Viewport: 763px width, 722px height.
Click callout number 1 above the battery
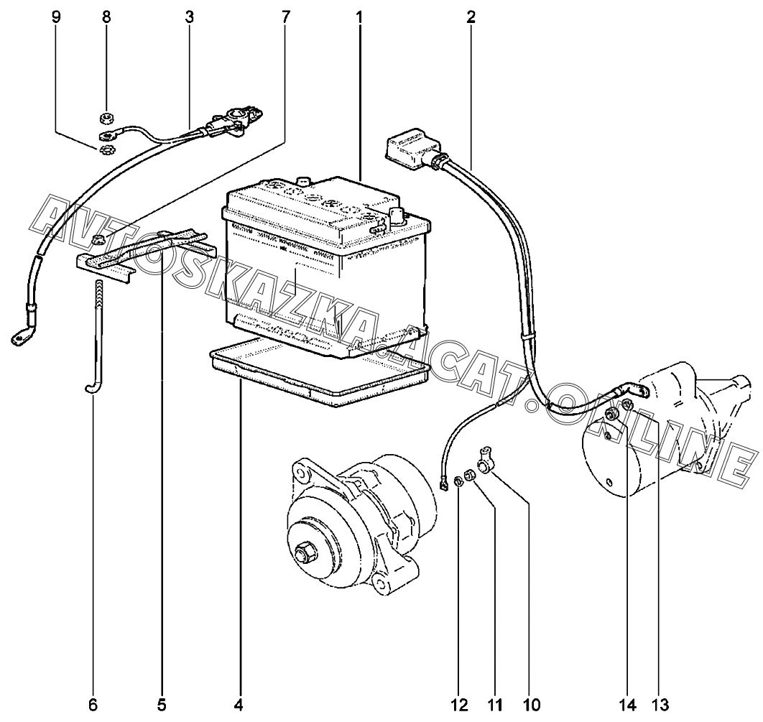click(359, 17)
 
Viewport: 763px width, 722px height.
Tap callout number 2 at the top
click(471, 17)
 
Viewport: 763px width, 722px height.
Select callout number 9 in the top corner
click(56, 17)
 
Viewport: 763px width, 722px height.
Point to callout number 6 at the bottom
click(93, 705)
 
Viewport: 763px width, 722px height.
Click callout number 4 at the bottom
click(239, 705)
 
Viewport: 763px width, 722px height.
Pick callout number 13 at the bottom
click(661, 705)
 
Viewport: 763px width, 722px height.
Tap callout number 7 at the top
click(285, 17)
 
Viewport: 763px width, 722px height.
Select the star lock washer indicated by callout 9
click(105, 150)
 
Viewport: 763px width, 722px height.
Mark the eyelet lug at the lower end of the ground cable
click(19, 337)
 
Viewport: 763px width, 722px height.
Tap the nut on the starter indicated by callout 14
click(627, 403)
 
